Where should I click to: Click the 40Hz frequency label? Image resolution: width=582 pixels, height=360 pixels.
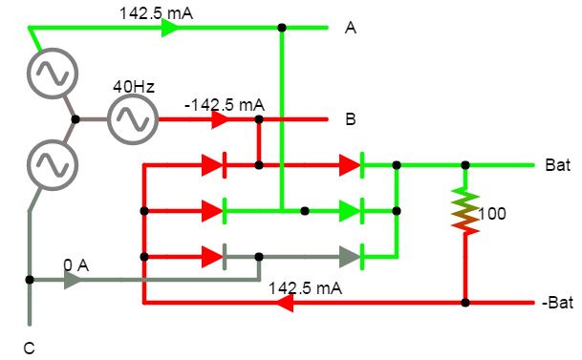pos(134,87)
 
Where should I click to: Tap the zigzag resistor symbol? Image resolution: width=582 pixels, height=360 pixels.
pos(464,211)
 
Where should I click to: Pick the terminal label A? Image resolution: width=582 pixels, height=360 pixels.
pos(351,30)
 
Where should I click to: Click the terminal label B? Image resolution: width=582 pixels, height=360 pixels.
pos(351,120)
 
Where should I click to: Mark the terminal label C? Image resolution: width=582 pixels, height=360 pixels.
pos(29,349)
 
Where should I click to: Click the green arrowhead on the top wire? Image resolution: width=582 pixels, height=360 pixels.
pos(170,28)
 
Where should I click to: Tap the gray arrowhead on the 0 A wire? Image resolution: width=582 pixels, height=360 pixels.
pos(73,281)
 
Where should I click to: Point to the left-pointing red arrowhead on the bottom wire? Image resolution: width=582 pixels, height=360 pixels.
pos(283,304)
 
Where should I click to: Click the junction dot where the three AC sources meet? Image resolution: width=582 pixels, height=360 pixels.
pos(75,120)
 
